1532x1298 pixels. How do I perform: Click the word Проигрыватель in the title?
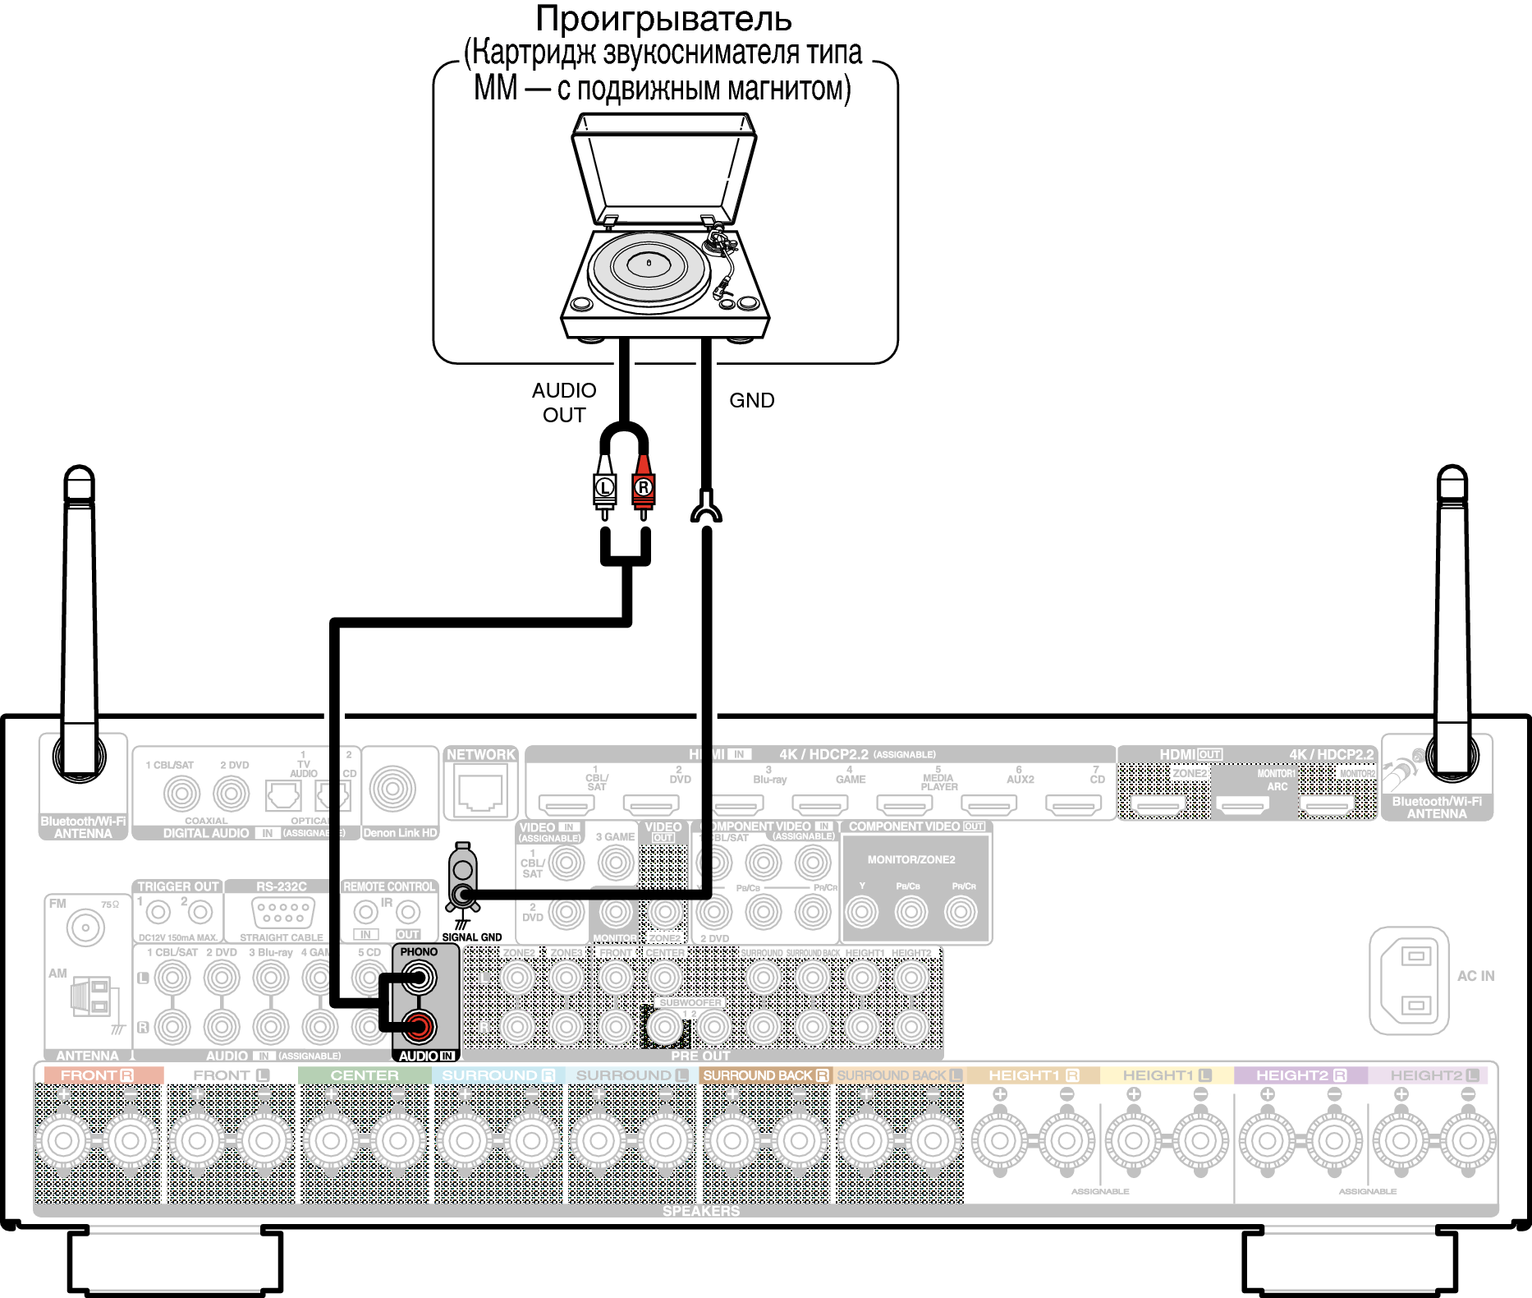[663, 18]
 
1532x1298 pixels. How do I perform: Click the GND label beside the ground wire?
[751, 400]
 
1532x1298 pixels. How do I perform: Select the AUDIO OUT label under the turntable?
[564, 403]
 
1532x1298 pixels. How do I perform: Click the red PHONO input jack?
[418, 1026]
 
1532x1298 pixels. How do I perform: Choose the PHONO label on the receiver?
[419, 952]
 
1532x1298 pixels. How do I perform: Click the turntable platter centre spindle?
[649, 263]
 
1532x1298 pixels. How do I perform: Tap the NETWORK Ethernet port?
[480, 790]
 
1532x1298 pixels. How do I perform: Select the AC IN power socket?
[1410, 980]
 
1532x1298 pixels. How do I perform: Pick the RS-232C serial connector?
[282, 912]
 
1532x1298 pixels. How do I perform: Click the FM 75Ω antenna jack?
[85, 928]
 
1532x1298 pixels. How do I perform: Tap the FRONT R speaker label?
[98, 1075]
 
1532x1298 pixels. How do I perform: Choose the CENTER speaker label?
[365, 1075]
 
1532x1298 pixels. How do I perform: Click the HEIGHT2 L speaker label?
[1434, 1075]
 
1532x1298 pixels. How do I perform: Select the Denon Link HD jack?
[392, 789]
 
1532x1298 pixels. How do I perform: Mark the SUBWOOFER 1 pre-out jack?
[666, 1027]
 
